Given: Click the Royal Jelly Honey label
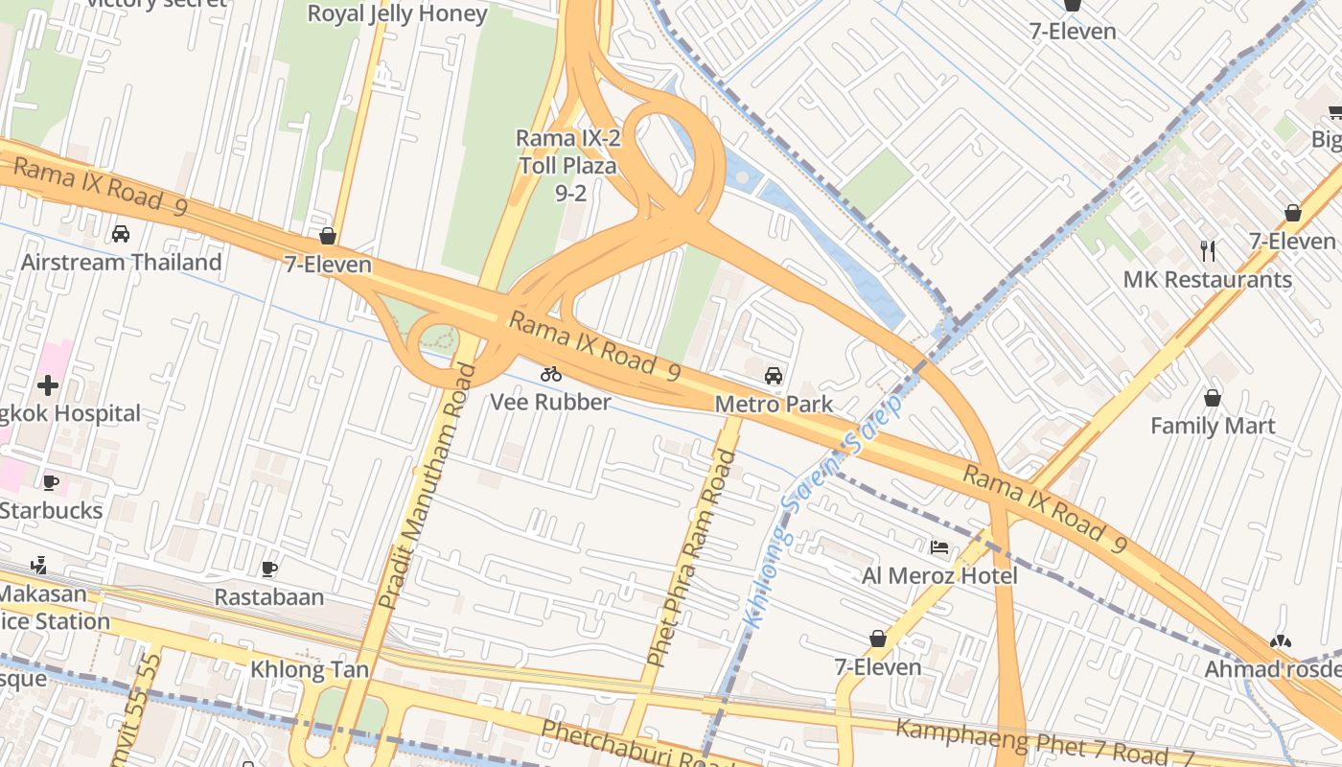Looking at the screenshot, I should coord(397,13).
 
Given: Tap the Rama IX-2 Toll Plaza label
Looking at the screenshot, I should coord(569,165).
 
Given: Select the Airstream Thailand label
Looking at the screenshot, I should coord(121,262).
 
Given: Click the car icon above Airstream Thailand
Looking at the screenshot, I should coord(121,233).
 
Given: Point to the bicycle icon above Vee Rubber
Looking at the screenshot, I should coord(550,374).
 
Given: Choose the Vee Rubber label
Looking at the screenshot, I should coord(550,402).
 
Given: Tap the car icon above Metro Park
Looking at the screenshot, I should coord(774,376).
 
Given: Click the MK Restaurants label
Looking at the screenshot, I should coord(1208,280).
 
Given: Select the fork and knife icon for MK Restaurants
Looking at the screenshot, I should coord(1208,251).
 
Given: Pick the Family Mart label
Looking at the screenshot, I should coord(1213,426).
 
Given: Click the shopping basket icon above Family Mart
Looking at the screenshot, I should coord(1213,397).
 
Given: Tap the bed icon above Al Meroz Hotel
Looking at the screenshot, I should coord(939,547).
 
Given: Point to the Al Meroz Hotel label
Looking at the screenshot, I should coord(939,575).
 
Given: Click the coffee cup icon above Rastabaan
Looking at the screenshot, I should coord(269,569).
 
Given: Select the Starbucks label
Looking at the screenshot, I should coord(51,510).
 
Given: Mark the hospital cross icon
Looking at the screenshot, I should coord(48,385).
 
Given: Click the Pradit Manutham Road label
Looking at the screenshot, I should coord(428,487).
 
